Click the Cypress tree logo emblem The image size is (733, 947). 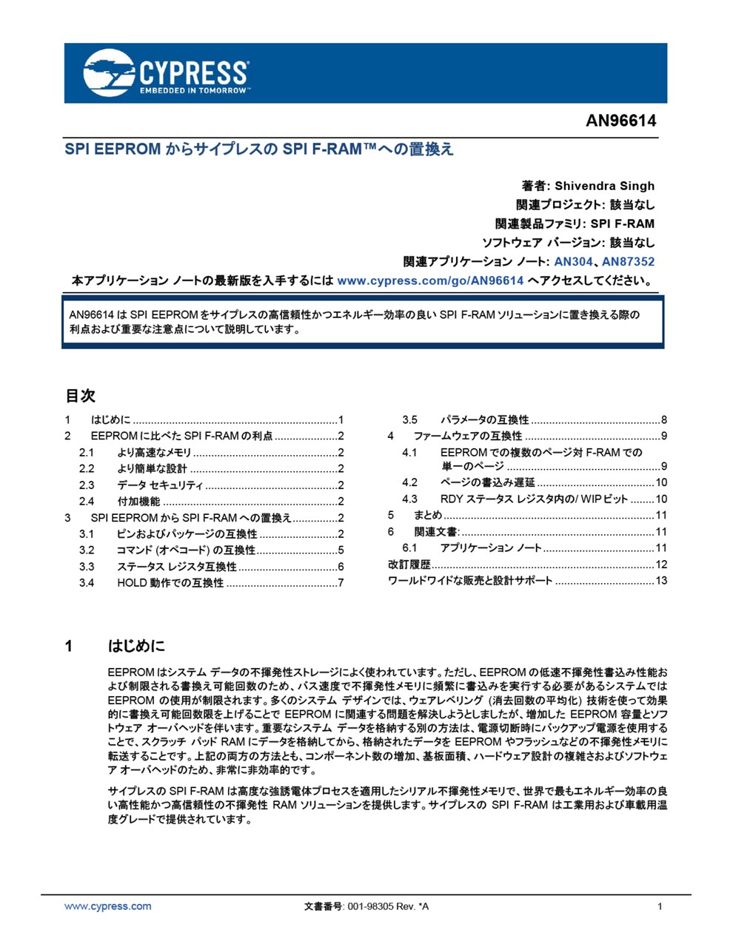pos(109,73)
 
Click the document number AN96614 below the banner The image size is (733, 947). pos(620,121)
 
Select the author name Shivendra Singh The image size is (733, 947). pos(604,186)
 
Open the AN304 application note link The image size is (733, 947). pos(573,261)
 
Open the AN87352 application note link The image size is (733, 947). pos(628,261)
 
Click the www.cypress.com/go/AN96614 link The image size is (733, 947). pos(430,280)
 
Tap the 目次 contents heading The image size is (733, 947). pos(80,396)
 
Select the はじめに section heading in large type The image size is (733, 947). pos(137,646)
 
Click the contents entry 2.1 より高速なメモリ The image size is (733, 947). pos(154,452)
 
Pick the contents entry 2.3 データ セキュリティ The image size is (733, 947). pos(159,485)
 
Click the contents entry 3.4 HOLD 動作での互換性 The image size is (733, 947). pos(170,582)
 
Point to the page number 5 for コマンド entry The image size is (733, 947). pos(341,550)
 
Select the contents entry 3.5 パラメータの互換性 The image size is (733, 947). pos(484,419)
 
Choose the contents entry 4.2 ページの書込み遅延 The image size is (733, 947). pos(487,482)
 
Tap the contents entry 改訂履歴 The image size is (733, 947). pos(409,564)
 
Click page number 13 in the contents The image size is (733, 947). pos(661,580)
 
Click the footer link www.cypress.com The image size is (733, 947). pos(107,906)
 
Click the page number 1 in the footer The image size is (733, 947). pos(660,906)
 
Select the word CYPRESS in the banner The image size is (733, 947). pos(193,73)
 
